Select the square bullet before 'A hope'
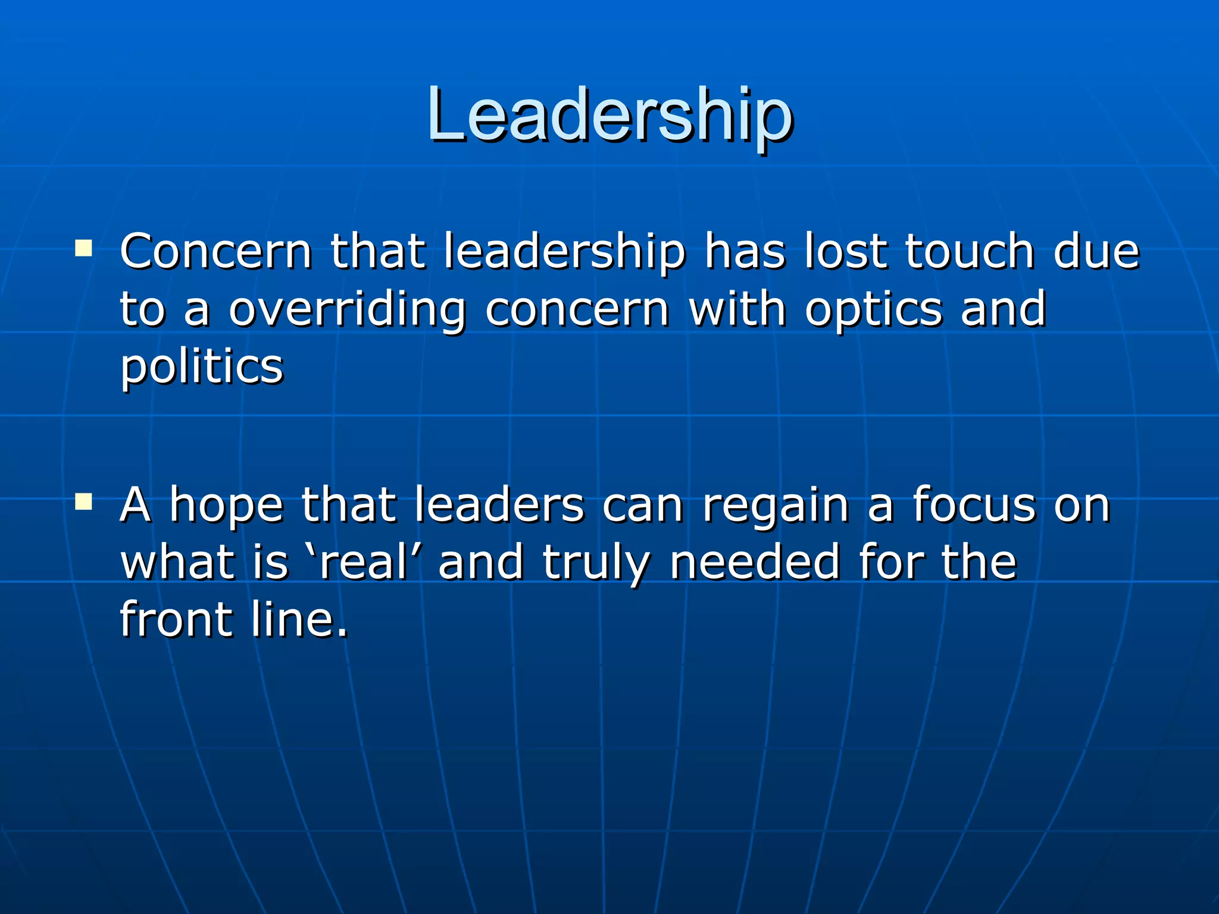coord(84,502)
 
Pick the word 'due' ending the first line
coord(1096,251)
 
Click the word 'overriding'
coord(347,309)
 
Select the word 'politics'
coord(202,368)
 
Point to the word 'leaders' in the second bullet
coord(499,505)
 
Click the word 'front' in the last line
coord(176,619)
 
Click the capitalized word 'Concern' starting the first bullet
coord(216,251)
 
